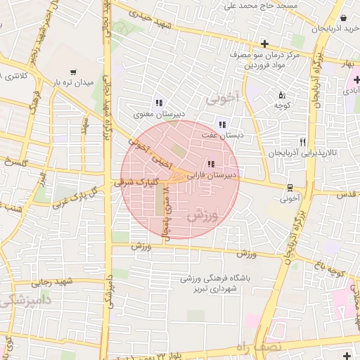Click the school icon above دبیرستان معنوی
coord(158,101)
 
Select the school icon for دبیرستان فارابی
coord(211,165)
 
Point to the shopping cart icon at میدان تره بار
coord(73,72)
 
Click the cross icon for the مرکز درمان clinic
coord(264,44)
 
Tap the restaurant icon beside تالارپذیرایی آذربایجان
coord(303,141)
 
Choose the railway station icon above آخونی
coord(290,187)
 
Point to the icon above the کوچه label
coord(282,95)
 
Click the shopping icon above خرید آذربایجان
coord(342,18)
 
